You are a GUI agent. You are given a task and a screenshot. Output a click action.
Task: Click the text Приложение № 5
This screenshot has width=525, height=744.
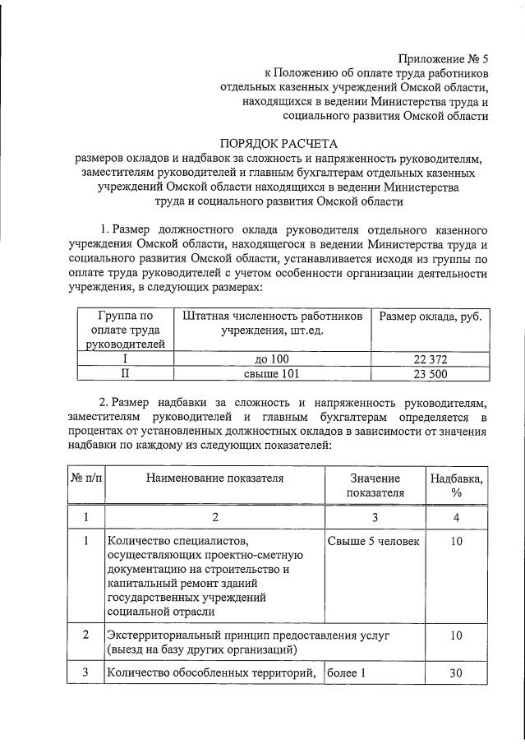click(443, 58)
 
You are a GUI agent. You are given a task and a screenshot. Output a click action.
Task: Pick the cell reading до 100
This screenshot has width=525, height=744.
click(272, 359)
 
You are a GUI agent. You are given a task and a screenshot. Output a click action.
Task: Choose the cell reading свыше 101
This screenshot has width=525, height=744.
click(272, 373)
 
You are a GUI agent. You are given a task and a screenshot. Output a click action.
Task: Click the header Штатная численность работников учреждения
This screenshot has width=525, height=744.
click(272, 323)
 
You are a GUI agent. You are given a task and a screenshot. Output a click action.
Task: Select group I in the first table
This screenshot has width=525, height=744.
click(125, 359)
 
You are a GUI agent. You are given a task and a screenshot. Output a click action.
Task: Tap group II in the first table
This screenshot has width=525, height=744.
click(125, 373)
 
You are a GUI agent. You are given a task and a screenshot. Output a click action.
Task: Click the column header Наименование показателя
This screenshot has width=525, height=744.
click(216, 478)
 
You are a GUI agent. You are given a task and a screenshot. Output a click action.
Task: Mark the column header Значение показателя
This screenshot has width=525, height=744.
click(375, 485)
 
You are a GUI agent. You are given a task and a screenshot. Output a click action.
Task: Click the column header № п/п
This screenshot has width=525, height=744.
click(85, 478)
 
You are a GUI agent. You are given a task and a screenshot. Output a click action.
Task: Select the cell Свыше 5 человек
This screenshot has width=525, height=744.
click(373, 542)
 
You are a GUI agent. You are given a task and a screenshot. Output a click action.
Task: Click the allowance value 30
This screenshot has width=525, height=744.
click(456, 673)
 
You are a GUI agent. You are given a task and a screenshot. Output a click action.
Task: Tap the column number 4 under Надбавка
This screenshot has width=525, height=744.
click(456, 517)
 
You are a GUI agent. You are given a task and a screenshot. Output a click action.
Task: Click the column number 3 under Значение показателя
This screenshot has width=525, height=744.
click(375, 517)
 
